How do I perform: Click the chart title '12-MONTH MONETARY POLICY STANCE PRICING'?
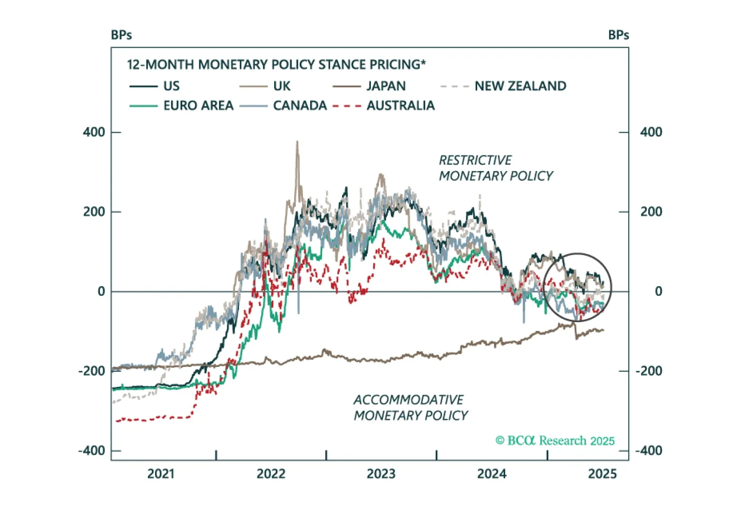pyautogui.click(x=276, y=64)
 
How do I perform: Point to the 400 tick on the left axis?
pyautogui.click(x=94, y=132)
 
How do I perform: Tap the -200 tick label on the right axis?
pyautogui.click(x=649, y=371)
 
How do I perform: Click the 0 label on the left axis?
pyautogui.click(x=101, y=291)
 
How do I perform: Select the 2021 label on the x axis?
pyautogui.click(x=161, y=474)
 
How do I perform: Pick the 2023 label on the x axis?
pyautogui.click(x=381, y=474)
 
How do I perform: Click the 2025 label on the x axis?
pyautogui.click(x=602, y=474)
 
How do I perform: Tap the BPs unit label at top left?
pyautogui.click(x=121, y=35)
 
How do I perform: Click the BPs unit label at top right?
pyautogui.click(x=619, y=35)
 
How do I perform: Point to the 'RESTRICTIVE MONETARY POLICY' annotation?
pyautogui.click(x=495, y=168)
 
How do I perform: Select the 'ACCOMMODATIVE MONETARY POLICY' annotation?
pyautogui.click(x=411, y=407)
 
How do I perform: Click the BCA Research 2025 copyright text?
pyautogui.click(x=555, y=440)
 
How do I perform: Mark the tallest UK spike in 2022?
pyautogui.click(x=297, y=142)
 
